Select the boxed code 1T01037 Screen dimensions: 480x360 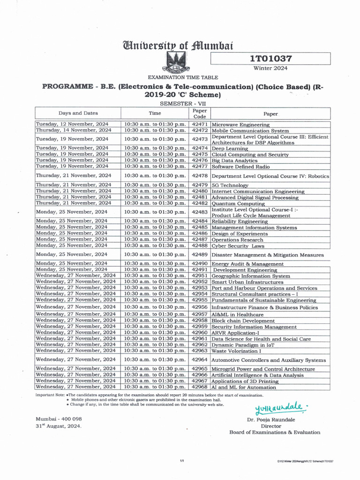[x=270, y=59]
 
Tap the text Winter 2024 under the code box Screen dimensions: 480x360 [x=270, y=68]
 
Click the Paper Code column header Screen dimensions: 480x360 [x=200, y=113]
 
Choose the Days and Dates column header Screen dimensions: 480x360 [x=78, y=113]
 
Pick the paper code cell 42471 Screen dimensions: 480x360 [x=200, y=124]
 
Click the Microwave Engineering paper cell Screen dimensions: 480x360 [x=240, y=125]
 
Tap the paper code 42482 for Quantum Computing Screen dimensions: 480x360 [x=200, y=203]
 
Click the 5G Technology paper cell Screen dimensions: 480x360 [x=230, y=185]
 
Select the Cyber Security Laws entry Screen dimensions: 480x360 [x=238, y=246]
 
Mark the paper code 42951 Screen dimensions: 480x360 [x=200, y=276]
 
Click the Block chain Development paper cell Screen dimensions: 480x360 [x=243, y=321]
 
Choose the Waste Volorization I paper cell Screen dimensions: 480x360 [x=237, y=351]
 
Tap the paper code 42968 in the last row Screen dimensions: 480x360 [x=200, y=387]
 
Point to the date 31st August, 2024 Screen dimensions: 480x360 [x=58, y=426]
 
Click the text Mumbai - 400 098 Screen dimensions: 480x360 [x=59, y=419]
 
